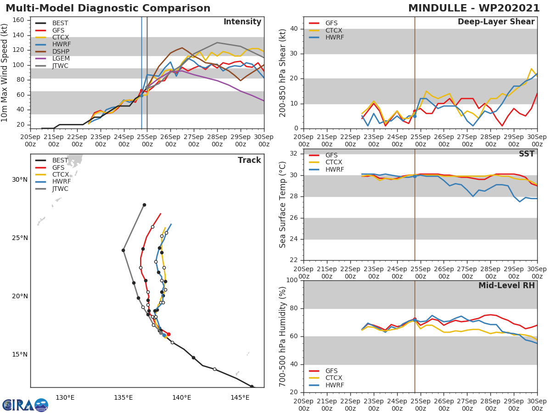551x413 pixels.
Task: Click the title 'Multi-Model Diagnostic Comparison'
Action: click(x=108, y=8)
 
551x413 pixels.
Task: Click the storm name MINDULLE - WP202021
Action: click(x=474, y=8)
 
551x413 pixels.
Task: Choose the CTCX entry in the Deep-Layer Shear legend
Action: click(x=334, y=30)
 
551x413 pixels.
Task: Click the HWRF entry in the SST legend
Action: click(x=334, y=169)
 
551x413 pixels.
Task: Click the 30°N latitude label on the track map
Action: click(x=20, y=179)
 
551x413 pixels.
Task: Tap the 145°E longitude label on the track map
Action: click(x=240, y=397)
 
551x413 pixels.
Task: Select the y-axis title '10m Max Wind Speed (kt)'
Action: click(x=5, y=73)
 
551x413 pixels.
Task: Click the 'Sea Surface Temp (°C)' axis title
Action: click(x=283, y=205)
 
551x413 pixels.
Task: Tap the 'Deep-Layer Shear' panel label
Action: click(x=496, y=22)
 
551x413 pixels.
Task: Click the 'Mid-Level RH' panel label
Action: click(x=506, y=285)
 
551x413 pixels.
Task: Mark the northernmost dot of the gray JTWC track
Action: click(x=144, y=205)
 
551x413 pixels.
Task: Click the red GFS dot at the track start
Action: click(x=169, y=334)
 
